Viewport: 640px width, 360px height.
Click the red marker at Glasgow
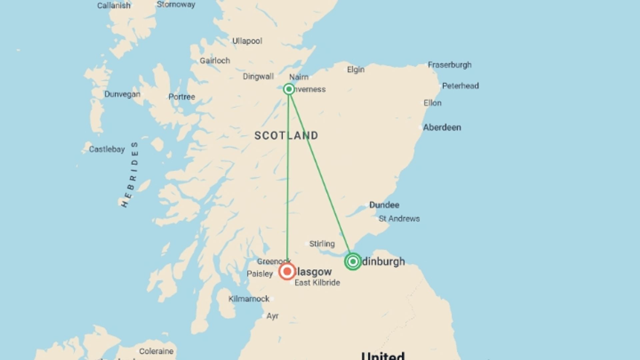(287, 271)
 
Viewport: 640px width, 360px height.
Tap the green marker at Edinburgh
(353, 261)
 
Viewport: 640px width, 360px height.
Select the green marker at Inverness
(289, 89)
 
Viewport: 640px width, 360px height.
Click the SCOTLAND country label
(286, 135)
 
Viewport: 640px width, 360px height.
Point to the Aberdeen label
(442, 127)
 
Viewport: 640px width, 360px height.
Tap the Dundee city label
(384, 205)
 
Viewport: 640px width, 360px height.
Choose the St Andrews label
(399, 219)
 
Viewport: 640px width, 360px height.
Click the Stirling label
(322, 244)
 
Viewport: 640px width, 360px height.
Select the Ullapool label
(247, 41)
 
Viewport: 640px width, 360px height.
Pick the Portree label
(182, 97)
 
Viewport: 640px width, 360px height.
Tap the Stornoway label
(176, 5)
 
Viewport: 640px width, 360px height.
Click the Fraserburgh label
(450, 65)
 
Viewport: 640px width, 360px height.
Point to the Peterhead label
(460, 86)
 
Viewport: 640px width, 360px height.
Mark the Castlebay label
(107, 149)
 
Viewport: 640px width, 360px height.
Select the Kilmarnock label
(249, 299)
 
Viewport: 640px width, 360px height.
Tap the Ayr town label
(272, 316)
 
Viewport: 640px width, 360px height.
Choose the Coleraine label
(156, 351)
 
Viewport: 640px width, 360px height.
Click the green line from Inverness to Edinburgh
(320, 173)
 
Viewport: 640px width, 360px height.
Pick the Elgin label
(356, 70)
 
